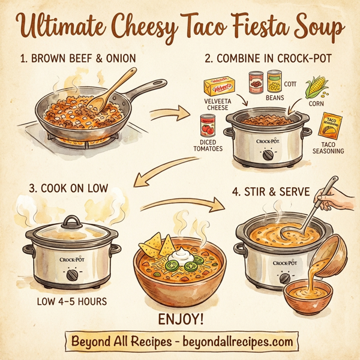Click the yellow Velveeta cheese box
[218, 86]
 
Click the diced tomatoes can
[208, 127]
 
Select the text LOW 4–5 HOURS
[72, 301]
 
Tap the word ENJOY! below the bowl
[179, 318]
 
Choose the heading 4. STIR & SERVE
[273, 193]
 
